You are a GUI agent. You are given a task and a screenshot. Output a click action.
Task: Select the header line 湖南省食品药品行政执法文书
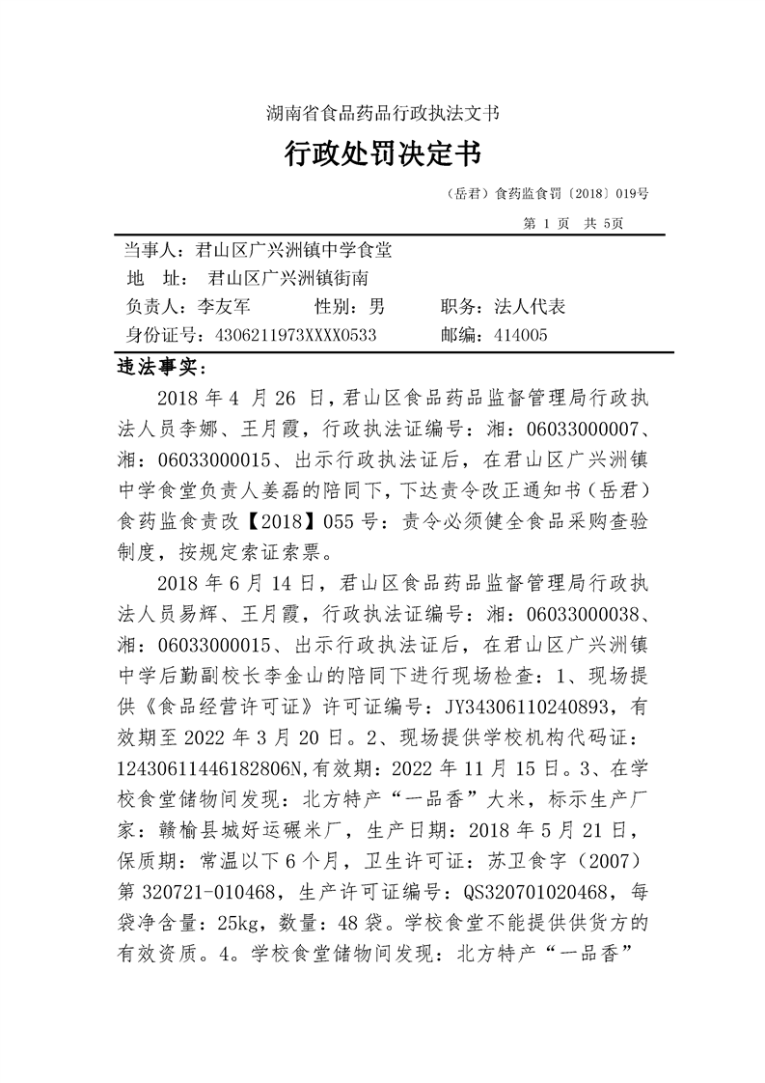(x=382, y=113)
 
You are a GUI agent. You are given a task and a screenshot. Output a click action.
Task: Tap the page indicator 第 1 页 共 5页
(x=572, y=223)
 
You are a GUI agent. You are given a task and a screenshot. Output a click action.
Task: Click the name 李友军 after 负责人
(x=224, y=307)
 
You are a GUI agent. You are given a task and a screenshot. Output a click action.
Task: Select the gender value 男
(x=376, y=307)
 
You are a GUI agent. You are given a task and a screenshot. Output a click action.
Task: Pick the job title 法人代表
(x=529, y=307)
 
